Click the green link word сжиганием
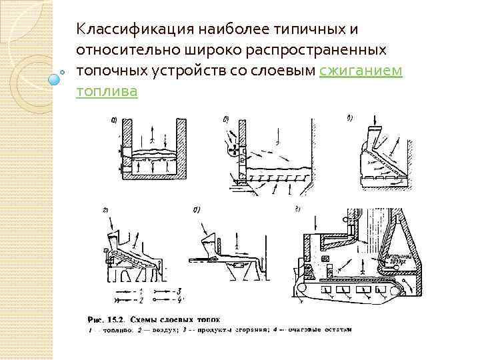(361, 71)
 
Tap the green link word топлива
(107, 91)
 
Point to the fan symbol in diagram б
(233, 153)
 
